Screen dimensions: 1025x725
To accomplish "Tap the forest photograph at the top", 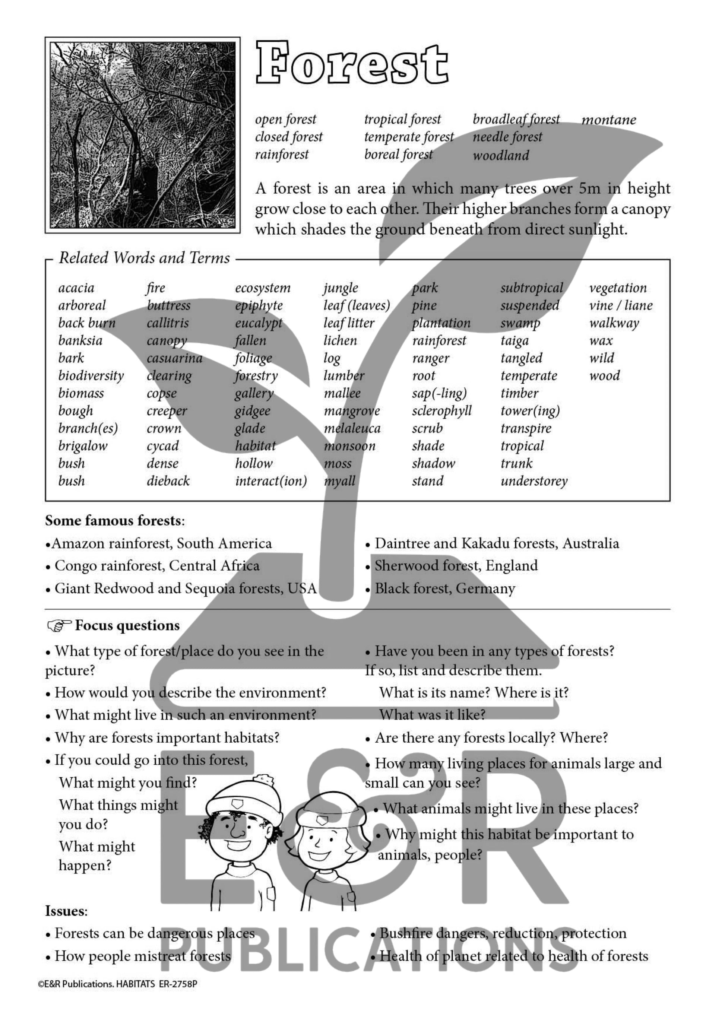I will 142,135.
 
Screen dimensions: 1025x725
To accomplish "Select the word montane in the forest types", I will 608,120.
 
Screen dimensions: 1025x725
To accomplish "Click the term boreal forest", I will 398,155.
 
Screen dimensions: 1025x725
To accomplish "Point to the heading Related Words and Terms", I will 144,258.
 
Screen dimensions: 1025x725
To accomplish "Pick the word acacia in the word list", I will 76,288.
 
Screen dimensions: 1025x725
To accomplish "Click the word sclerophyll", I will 441,411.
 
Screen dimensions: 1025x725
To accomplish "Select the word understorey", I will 534,481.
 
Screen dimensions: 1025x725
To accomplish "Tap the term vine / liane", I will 621,305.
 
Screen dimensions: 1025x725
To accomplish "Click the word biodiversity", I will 91,375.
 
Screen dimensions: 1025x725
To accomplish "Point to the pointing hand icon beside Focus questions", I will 59,626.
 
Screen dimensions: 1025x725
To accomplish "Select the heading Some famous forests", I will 114,521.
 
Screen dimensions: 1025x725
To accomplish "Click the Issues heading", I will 66,911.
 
